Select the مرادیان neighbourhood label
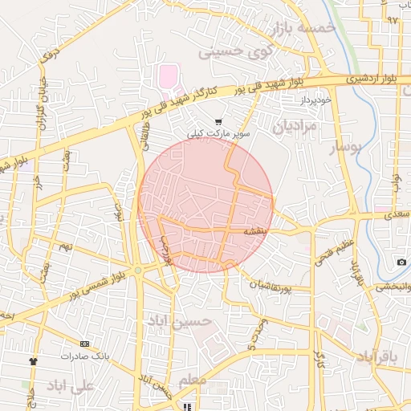click(x=295, y=126)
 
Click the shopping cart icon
click(x=219, y=122)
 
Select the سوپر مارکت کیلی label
click(x=219, y=133)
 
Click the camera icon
click(x=401, y=262)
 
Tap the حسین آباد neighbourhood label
click(x=179, y=321)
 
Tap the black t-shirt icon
click(x=33, y=360)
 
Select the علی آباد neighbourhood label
click(x=70, y=386)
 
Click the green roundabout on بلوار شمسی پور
click(x=138, y=271)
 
